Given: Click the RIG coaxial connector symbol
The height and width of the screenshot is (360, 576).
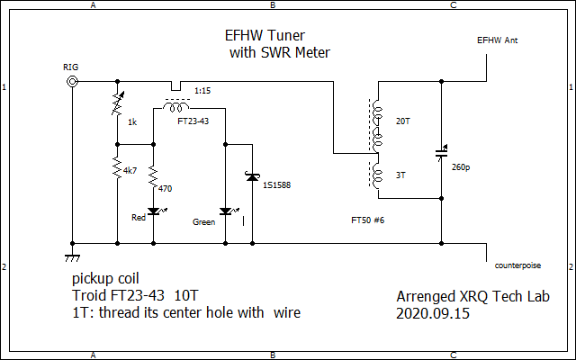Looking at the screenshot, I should click(72, 81).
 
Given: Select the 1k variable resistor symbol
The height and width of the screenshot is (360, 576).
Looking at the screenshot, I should click(117, 103).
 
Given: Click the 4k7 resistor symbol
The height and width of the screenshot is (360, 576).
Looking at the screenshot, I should click(117, 167).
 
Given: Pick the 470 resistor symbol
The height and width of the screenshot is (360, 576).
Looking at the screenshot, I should click(153, 173).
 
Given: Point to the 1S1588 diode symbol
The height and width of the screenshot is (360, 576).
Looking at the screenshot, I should click(253, 177).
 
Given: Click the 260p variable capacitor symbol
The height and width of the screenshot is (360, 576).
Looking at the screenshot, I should click(442, 153).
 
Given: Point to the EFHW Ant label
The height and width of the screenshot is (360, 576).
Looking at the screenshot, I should click(497, 40).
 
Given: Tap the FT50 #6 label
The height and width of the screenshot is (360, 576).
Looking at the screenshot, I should click(371, 220).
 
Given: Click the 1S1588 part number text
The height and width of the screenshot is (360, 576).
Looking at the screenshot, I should click(276, 185).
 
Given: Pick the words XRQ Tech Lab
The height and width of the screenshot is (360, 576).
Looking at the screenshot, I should click(504, 296).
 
